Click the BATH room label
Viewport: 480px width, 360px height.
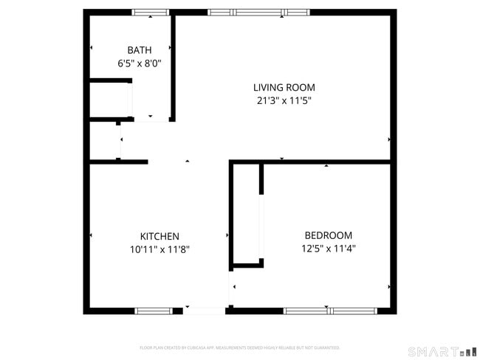[x=140, y=50]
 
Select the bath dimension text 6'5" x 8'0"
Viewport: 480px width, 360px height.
[x=140, y=63]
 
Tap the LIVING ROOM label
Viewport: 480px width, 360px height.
[x=284, y=87]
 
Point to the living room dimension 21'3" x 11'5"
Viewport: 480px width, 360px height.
[x=284, y=101]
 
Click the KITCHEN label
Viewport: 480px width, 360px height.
[x=160, y=236]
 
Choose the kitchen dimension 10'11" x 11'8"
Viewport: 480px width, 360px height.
[x=160, y=249]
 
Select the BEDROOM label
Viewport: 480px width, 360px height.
[x=328, y=235]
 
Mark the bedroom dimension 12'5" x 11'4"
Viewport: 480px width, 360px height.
[x=328, y=249]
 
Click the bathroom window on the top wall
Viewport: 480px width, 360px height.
[x=151, y=13]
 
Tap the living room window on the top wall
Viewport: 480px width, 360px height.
[x=258, y=13]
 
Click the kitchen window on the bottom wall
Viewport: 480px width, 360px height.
[x=154, y=311]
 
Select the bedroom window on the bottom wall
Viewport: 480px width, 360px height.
[x=330, y=311]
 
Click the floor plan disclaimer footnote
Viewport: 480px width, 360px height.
[x=239, y=347]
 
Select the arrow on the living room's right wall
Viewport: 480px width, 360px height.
[x=389, y=139]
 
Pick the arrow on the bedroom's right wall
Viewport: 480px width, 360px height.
[x=389, y=286]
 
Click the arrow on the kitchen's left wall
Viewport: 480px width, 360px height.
[x=91, y=235]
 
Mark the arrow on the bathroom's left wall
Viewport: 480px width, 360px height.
[x=91, y=48]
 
